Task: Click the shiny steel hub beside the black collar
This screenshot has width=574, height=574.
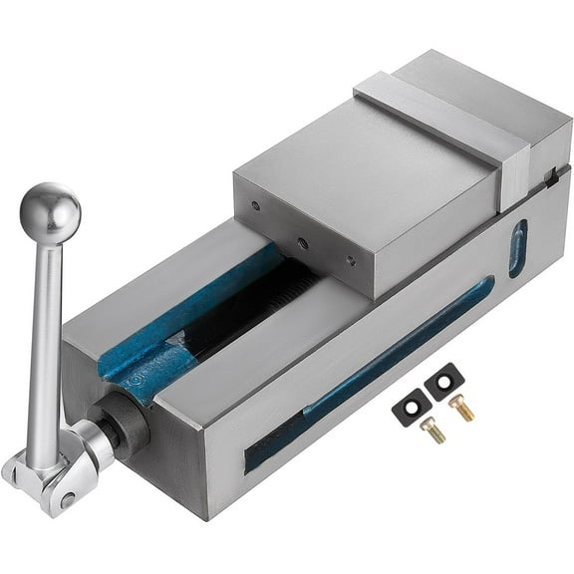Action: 95,443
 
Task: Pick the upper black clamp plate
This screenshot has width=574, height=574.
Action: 444,384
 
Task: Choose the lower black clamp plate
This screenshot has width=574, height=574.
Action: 411,408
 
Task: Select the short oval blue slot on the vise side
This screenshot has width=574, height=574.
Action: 516,248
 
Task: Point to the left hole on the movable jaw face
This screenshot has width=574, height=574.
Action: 256,208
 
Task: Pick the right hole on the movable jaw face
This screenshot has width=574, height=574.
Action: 350,262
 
